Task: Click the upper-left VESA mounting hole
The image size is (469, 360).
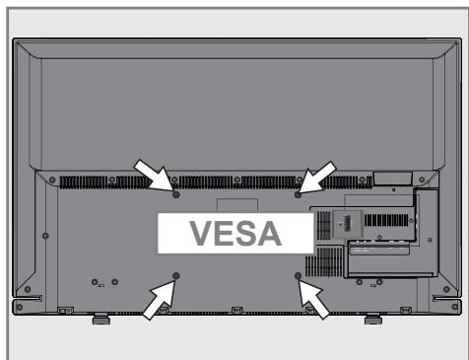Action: (175, 194)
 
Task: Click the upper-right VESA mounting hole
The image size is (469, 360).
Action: (298, 194)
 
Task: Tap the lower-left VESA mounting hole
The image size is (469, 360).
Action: (176, 275)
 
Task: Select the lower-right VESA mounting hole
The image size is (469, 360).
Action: (298, 275)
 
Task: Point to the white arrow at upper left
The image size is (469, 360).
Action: (153, 176)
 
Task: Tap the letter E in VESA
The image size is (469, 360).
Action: (219, 235)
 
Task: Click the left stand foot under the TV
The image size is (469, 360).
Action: (100, 319)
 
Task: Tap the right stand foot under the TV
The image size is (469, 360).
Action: (372, 319)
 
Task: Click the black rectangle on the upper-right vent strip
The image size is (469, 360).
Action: (384, 180)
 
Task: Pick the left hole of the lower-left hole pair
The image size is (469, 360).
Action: (94, 282)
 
